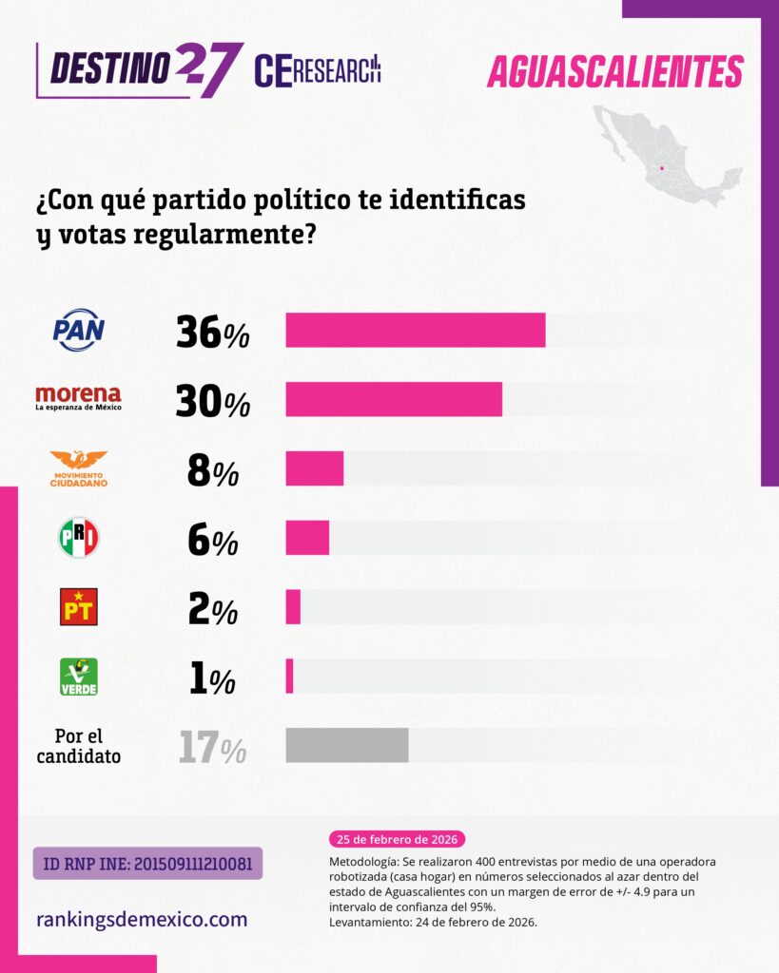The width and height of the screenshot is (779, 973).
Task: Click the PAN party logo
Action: tap(78, 330)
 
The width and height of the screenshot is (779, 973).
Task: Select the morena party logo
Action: tap(78, 398)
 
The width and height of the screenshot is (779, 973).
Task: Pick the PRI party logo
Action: tap(78, 538)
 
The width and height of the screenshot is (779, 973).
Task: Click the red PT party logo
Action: tap(78, 606)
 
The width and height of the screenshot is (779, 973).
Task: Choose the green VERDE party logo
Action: tap(78, 677)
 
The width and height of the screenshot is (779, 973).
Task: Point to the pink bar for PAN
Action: tap(416, 330)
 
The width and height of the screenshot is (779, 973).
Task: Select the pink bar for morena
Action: tap(394, 399)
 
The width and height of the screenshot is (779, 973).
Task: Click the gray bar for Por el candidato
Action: tap(347, 745)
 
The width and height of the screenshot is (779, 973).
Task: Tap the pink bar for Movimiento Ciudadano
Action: tap(315, 469)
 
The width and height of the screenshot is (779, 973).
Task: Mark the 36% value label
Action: tap(212, 333)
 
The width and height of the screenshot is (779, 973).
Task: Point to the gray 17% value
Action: tap(212, 749)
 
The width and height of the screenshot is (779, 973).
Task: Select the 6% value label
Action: tap(212, 542)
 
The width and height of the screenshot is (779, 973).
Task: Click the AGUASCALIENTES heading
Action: tap(614, 72)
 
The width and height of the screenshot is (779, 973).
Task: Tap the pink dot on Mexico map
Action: tap(661, 169)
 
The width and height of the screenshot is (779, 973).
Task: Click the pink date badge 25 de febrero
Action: tap(397, 840)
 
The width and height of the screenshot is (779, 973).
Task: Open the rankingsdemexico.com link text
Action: tap(142, 919)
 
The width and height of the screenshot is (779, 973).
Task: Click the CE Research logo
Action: tap(318, 70)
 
